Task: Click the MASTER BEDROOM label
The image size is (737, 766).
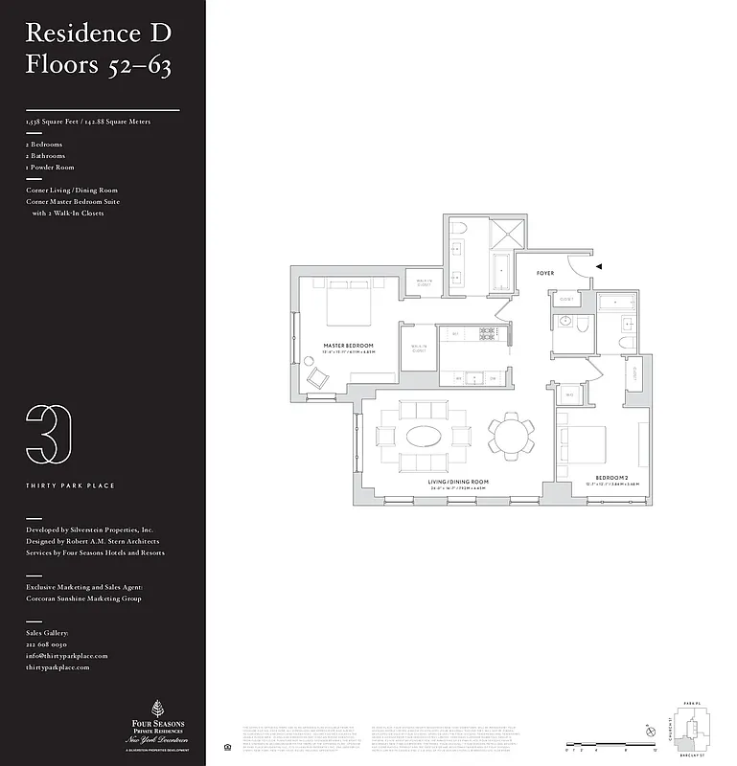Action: click(348, 345)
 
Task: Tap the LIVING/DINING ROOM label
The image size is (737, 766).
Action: click(458, 482)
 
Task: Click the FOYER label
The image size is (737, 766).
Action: click(544, 274)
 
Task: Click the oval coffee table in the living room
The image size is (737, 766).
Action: click(426, 437)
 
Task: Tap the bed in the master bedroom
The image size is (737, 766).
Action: click(343, 304)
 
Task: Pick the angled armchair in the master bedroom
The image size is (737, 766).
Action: click(315, 376)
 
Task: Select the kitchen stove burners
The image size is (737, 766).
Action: click(486, 333)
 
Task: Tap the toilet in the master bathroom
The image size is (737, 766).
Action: click(456, 229)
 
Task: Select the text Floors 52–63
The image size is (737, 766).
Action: click(98, 66)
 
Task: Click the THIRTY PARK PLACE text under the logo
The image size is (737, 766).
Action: click(70, 485)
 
